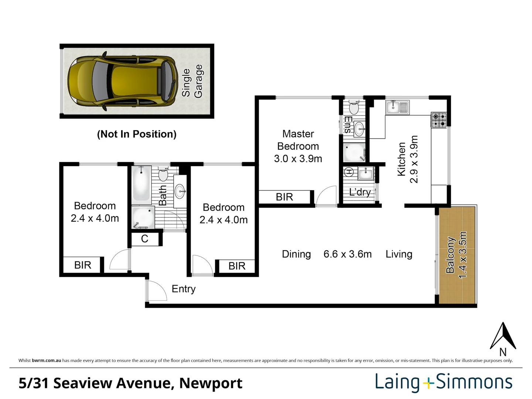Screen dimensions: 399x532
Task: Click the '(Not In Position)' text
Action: point(137,134)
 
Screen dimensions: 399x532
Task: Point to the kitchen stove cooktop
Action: point(439,120)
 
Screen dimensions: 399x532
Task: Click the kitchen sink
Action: point(397,108)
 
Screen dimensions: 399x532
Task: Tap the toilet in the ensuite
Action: point(354,107)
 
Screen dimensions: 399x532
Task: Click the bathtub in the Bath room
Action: point(141,184)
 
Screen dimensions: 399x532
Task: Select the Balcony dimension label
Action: point(457,255)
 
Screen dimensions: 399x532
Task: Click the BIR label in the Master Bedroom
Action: point(284,197)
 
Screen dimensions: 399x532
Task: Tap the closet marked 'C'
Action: point(144,239)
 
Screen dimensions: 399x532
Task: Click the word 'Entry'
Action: point(184,289)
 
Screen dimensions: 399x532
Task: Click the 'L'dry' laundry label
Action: point(359,192)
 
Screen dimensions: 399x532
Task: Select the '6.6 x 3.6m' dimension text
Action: point(347,254)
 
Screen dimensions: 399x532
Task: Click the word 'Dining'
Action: point(296,254)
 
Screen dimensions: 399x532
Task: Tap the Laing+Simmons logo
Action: point(444,382)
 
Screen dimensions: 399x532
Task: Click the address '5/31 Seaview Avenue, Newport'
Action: point(130,383)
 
